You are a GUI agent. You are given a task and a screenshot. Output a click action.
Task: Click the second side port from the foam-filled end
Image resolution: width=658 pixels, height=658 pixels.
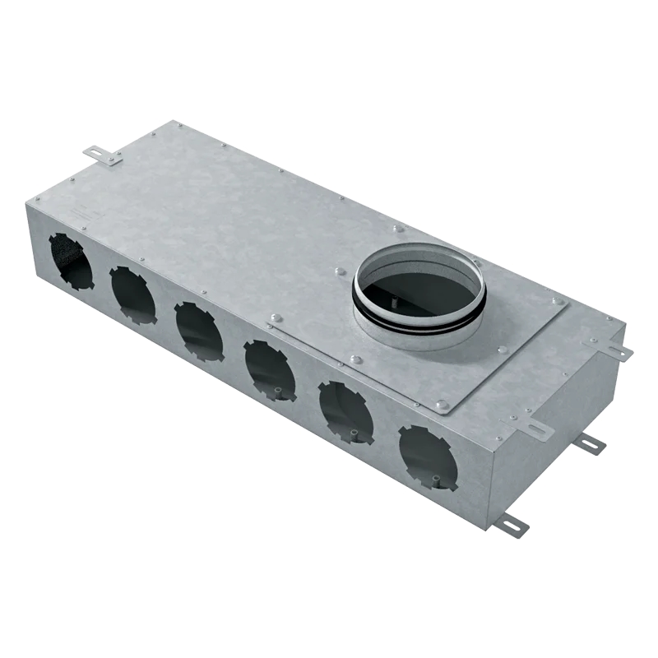point(132,293)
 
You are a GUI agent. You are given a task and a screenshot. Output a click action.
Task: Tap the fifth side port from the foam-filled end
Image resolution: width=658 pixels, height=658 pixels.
point(345,411)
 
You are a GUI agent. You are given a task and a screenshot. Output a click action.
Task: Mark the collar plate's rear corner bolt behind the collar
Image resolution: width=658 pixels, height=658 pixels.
point(398,229)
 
